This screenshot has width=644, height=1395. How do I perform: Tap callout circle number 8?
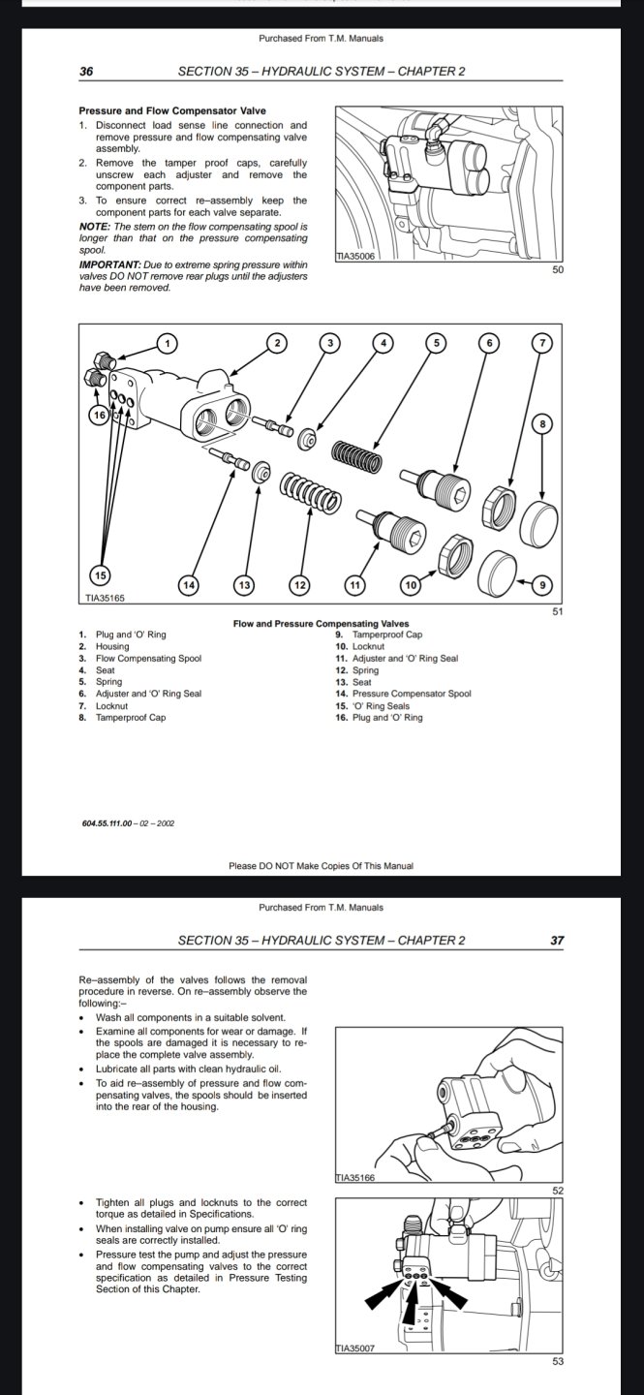point(542,423)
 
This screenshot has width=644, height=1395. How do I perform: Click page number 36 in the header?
point(85,72)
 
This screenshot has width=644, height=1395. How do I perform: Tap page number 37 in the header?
point(557,940)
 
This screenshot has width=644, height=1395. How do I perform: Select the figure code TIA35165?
point(106,598)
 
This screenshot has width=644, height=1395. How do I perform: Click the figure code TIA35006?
point(354,256)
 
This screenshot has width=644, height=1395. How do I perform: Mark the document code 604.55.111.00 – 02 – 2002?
point(128,823)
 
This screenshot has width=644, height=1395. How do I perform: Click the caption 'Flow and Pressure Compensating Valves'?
point(321,623)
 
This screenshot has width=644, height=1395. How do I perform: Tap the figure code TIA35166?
point(354,1178)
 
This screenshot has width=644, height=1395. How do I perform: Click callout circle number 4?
point(383,343)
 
